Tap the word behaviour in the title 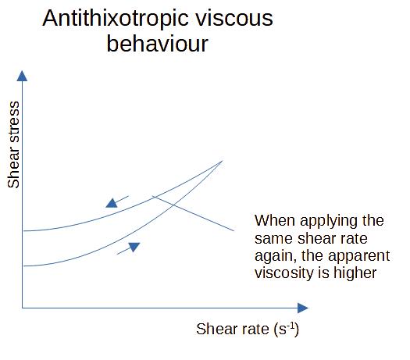157,44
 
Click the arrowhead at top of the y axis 23,76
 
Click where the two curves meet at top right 223,161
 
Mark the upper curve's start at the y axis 24,230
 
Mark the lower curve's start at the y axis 24,266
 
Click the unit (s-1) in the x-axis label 285,329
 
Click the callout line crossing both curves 195,213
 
